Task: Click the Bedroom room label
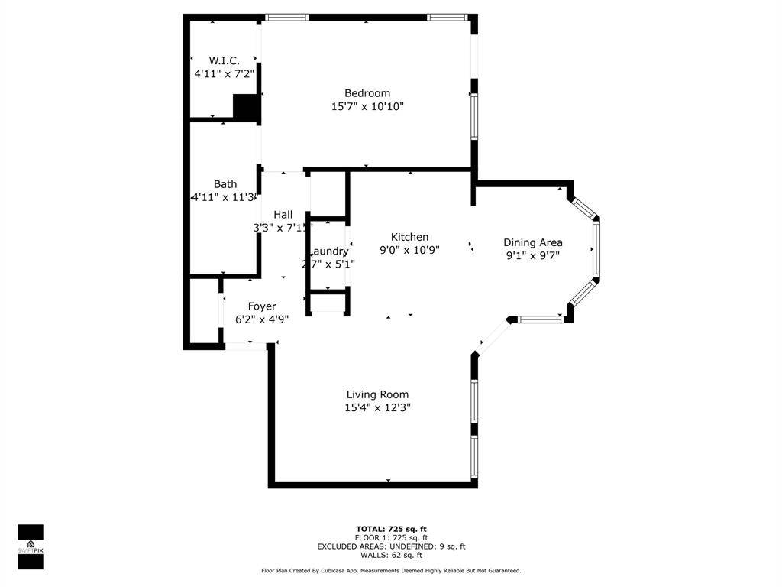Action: [x=367, y=93]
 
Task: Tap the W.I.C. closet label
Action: [x=224, y=60]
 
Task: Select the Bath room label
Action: [x=225, y=184]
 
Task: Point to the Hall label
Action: [x=283, y=215]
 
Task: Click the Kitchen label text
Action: [x=409, y=237]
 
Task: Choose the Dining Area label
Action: [x=532, y=242]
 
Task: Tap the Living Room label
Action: [x=377, y=394]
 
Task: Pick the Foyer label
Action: [x=261, y=306]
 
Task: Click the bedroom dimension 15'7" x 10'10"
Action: [x=367, y=107]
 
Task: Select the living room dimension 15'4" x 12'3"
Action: [x=377, y=408]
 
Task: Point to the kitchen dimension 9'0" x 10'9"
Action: [x=409, y=250]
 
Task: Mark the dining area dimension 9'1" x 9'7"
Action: [x=532, y=255]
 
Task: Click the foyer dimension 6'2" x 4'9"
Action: [x=261, y=319]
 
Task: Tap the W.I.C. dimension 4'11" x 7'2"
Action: [x=224, y=74]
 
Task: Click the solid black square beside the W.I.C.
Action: [x=246, y=107]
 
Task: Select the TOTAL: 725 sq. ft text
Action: [x=391, y=529]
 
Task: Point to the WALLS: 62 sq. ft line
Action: [x=391, y=555]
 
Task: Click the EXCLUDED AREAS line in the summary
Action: [x=391, y=546]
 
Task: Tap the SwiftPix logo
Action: [x=31, y=546]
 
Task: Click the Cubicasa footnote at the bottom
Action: [x=391, y=571]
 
